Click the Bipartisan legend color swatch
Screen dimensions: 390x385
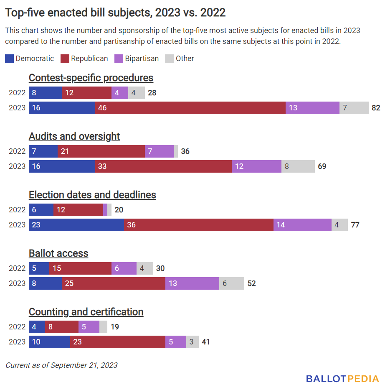point(119,59)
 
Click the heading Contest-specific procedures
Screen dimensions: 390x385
point(91,78)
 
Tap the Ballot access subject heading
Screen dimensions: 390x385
point(58,253)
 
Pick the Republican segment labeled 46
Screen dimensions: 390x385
point(190,108)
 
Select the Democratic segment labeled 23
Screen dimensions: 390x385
point(76,225)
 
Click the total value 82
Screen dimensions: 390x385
point(376,108)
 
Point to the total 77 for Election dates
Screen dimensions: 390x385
point(355,225)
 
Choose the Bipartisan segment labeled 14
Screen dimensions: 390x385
point(302,225)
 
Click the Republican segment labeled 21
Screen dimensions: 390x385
point(101,151)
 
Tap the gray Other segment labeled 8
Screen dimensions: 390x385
point(298,166)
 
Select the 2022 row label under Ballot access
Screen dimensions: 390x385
point(17,268)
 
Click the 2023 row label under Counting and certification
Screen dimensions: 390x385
point(17,342)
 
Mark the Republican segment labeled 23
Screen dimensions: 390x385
point(117,342)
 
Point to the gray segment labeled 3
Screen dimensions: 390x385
point(192,342)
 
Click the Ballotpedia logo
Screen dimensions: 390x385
point(342,379)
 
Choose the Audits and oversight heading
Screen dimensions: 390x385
point(74,136)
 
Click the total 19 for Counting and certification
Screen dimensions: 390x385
point(115,327)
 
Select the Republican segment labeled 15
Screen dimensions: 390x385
point(80,268)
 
